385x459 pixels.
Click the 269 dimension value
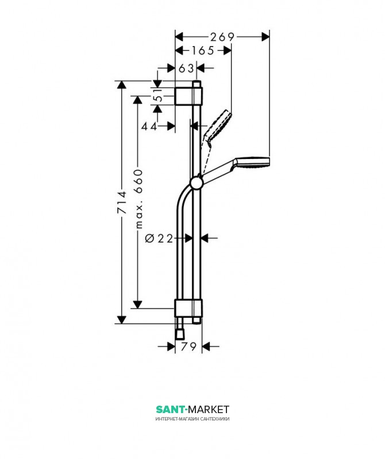click(x=222, y=37)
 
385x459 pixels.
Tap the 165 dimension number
click(x=203, y=50)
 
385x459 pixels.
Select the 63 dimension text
click(x=186, y=68)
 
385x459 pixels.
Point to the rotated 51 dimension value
click(x=159, y=95)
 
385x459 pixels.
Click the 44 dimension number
click(x=149, y=126)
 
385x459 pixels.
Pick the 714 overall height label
click(x=122, y=203)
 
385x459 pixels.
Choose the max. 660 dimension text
click(x=138, y=199)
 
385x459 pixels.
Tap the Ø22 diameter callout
click(x=159, y=239)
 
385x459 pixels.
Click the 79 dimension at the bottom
click(x=188, y=347)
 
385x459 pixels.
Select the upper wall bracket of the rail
click(x=189, y=96)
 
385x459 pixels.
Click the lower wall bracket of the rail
click(x=189, y=308)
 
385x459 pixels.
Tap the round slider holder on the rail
click(x=196, y=184)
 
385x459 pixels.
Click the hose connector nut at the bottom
click(x=180, y=334)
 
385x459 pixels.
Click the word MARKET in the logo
click(x=209, y=409)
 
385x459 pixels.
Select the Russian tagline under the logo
click(x=192, y=419)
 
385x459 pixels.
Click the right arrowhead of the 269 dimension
click(x=265, y=37)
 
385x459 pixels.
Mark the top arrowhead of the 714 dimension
click(x=122, y=84)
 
